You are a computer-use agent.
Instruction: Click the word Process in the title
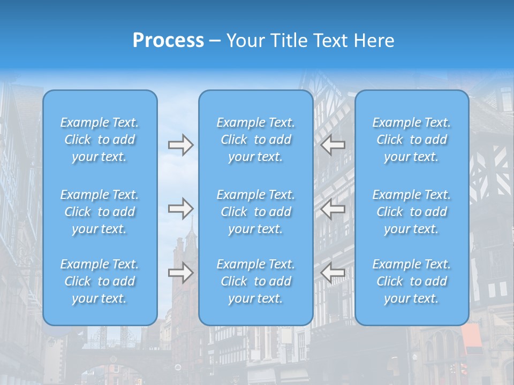click(168, 41)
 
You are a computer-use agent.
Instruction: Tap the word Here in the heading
click(373, 41)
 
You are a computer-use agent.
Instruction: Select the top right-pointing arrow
click(180, 144)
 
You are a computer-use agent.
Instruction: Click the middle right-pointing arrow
click(180, 209)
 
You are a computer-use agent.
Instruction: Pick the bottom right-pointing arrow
click(180, 273)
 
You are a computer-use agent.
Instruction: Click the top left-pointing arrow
click(332, 144)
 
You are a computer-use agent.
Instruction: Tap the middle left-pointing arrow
click(332, 209)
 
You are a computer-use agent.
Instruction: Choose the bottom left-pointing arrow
click(332, 273)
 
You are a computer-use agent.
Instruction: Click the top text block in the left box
click(100, 140)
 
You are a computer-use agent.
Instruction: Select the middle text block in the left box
click(100, 212)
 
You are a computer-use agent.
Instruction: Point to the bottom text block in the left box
click(100, 281)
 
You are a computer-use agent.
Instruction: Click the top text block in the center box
click(256, 140)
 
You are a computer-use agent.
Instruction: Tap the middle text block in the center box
click(256, 212)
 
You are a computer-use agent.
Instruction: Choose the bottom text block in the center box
click(256, 281)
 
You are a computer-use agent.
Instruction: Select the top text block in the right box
click(412, 140)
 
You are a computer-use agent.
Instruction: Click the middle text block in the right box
click(412, 212)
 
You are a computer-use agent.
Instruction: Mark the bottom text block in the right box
click(412, 281)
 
